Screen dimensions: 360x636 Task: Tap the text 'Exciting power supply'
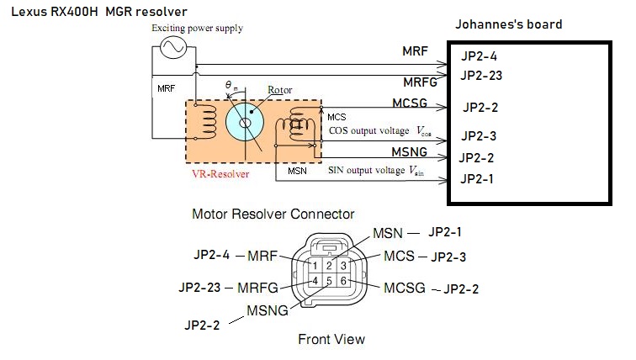[198, 29]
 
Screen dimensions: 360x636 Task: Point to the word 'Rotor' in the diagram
[279, 88]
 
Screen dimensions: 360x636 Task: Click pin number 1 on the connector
[314, 266]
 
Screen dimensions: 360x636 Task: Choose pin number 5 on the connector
[329, 281]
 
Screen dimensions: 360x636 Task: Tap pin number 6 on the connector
[343, 281]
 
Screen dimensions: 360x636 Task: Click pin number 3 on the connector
[343, 266]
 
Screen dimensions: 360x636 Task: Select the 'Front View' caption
[331, 340]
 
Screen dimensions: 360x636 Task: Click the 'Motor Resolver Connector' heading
[273, 214]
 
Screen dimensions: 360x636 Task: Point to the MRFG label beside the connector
[258, 288]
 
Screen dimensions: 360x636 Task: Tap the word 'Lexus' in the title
[25, 9]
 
